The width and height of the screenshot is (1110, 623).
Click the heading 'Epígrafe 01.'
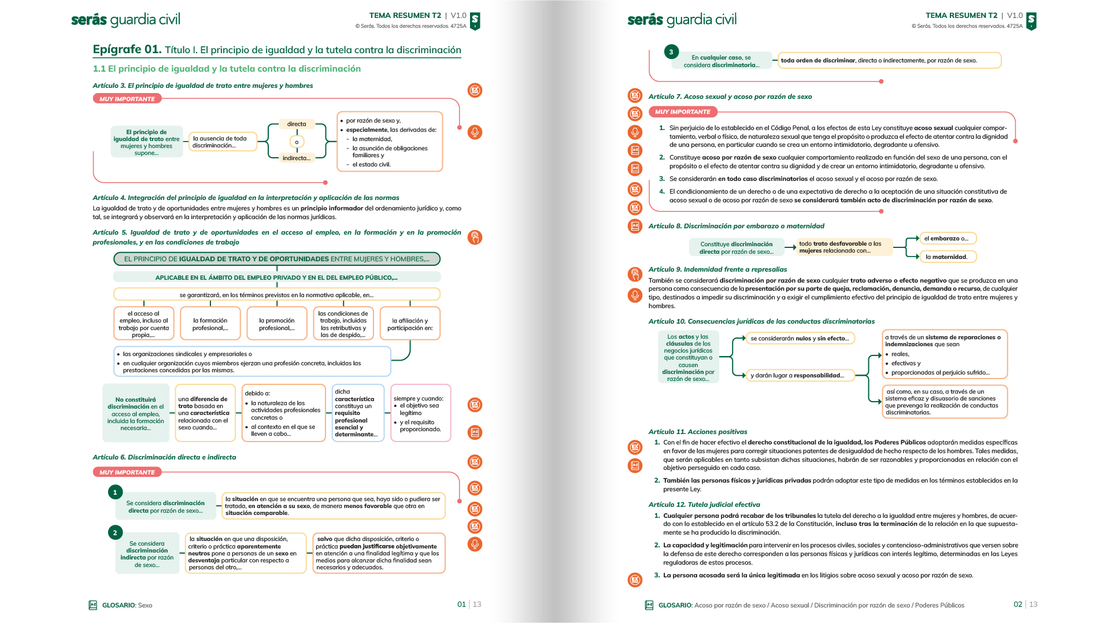127,50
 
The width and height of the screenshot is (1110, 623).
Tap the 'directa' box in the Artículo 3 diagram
297,124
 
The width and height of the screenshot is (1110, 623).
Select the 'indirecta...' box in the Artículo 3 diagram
297,158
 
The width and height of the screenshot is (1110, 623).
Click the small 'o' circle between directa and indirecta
297,142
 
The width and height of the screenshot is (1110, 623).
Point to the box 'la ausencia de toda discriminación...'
223,142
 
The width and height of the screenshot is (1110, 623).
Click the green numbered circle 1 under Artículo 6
115,492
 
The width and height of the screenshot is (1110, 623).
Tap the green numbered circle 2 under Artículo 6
115,533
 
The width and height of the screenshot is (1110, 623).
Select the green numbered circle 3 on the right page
671,52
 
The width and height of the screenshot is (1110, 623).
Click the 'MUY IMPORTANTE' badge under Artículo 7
682,112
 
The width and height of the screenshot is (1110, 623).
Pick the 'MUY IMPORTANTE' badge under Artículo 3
127,99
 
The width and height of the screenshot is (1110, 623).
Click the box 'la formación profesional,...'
210,324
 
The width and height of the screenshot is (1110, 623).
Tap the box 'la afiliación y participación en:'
410,324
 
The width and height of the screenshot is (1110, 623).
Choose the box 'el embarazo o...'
947,238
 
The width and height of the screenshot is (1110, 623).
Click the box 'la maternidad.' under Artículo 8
947,257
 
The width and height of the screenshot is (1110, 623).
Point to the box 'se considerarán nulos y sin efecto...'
800,339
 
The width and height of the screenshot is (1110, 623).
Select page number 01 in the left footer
461,605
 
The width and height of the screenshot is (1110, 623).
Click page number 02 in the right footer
1017,605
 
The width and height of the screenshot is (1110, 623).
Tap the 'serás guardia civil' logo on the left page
125,20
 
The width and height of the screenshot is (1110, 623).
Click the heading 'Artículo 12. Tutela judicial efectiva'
704,505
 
